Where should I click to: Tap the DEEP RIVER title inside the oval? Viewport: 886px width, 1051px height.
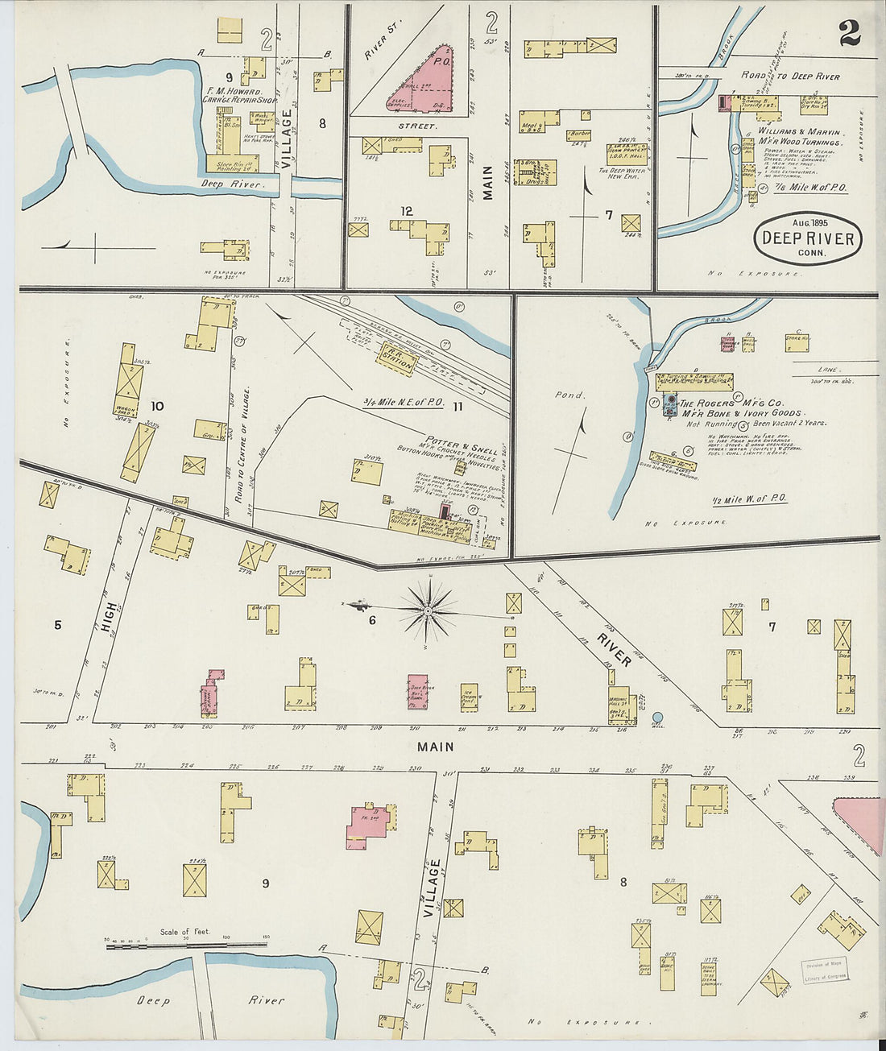[807, 238]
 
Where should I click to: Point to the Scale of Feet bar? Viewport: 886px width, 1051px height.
[186, 943]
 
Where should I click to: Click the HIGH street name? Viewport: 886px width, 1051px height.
[110, 616]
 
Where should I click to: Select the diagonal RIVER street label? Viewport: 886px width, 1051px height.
[614, 650]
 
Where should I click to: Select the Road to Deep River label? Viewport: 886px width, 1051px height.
[790, 77]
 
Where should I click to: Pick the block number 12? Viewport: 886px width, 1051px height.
[407, 211]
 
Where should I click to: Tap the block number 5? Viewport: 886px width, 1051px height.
[57, 624]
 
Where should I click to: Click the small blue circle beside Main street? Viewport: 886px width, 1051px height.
[657, 717]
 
